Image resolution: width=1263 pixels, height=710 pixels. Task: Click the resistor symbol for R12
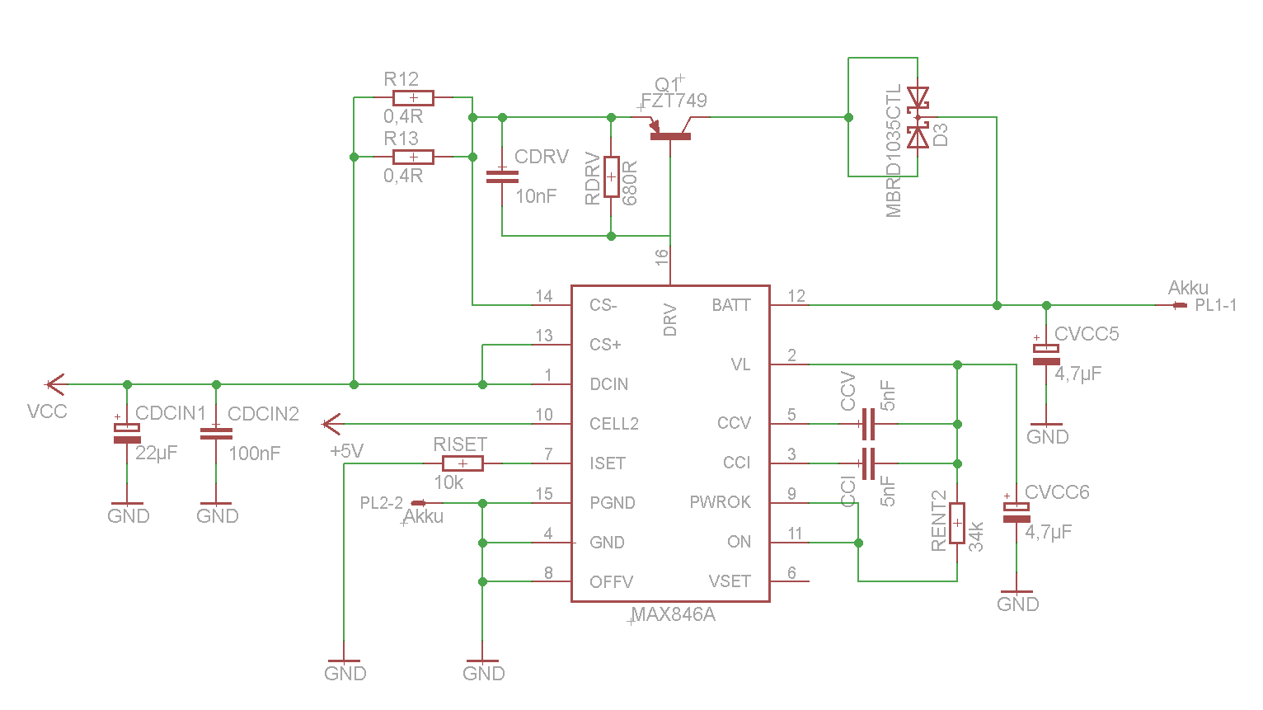[x=413, y=97]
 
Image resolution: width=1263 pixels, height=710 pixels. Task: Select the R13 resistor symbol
[x=413, y=157]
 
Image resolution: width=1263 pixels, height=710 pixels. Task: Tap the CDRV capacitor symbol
[x=502, y=176]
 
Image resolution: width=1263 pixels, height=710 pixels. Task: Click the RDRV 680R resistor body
[x=611, y=176]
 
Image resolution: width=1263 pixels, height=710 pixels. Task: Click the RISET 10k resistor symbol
[x=462, y=463]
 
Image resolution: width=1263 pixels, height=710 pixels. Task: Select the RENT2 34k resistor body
[x=957, y=523]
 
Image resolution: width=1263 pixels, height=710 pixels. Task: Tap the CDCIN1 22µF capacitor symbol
[x=127, y=433]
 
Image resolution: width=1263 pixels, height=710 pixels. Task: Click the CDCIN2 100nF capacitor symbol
[x=216, y=433]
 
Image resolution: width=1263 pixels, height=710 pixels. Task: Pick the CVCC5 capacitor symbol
[x=1046, y=354]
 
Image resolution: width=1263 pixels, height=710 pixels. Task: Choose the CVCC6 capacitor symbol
[x=1017, y=512]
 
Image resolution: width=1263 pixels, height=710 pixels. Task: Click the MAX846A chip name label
[x=673, y=615]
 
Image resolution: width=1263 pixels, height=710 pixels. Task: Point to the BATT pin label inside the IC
[x=731, y=305]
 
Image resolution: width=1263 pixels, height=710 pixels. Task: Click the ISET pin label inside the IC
[x=608, y=463]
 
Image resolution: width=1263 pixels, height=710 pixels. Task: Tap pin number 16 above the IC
[x=662, y=258]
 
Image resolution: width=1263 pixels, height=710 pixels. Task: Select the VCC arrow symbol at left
[x=54, y=384]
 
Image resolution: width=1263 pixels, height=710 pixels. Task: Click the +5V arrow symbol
[x=331, y=424]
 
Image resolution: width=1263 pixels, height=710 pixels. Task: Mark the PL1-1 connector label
[x=1216, y=305]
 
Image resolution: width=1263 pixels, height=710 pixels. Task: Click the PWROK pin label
[x=720, y=502]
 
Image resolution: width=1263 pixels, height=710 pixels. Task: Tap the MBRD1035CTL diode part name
[x=894, y=150]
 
